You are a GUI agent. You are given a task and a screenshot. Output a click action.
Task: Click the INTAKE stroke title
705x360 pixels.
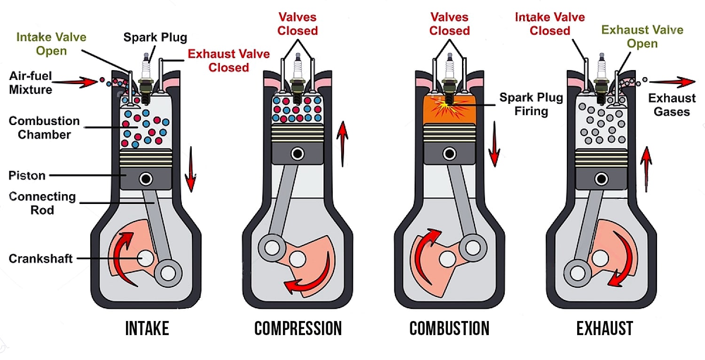pos(147,329)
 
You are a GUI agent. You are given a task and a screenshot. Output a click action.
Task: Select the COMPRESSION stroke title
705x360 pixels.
pos(298,329)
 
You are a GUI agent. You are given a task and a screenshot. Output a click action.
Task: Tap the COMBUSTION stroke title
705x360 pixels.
pos(449,329)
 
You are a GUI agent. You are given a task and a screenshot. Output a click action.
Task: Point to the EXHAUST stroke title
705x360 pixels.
pos(604,329)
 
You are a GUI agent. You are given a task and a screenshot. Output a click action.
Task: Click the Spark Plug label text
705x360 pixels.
pos(155,37)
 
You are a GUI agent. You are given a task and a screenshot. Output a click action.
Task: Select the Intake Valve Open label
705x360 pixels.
pos(51,44)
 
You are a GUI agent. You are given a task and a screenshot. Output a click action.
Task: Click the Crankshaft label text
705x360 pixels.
pos(40,258)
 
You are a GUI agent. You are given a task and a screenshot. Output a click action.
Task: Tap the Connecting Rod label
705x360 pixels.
pos(42,203)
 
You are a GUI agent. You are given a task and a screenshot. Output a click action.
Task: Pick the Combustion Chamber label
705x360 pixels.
pos(44,127)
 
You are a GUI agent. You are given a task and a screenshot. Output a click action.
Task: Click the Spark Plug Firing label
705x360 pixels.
pos(531,104)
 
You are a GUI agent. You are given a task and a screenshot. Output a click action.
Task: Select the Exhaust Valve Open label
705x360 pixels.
pos(642,37)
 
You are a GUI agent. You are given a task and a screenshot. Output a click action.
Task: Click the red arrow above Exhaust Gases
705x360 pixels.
pos(672,82)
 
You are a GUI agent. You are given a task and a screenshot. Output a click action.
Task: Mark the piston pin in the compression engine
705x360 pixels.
pos(297,154)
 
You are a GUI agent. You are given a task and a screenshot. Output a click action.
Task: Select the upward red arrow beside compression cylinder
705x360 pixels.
pos(343,143)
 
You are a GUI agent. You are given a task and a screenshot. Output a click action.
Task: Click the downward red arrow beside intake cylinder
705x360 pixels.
pos(190,169)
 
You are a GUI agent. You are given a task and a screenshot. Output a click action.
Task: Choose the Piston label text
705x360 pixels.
pos(27,176)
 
